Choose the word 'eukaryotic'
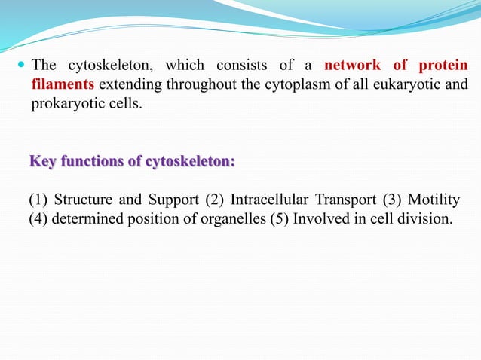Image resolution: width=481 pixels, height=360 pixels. coord(400,84)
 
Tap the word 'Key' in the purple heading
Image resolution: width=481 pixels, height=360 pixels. coord(42,161)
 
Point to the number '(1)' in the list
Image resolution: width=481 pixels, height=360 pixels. coord(38,200)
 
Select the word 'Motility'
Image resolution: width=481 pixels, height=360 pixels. coord(434,200)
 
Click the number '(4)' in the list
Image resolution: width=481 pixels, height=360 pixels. coord(38,219)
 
